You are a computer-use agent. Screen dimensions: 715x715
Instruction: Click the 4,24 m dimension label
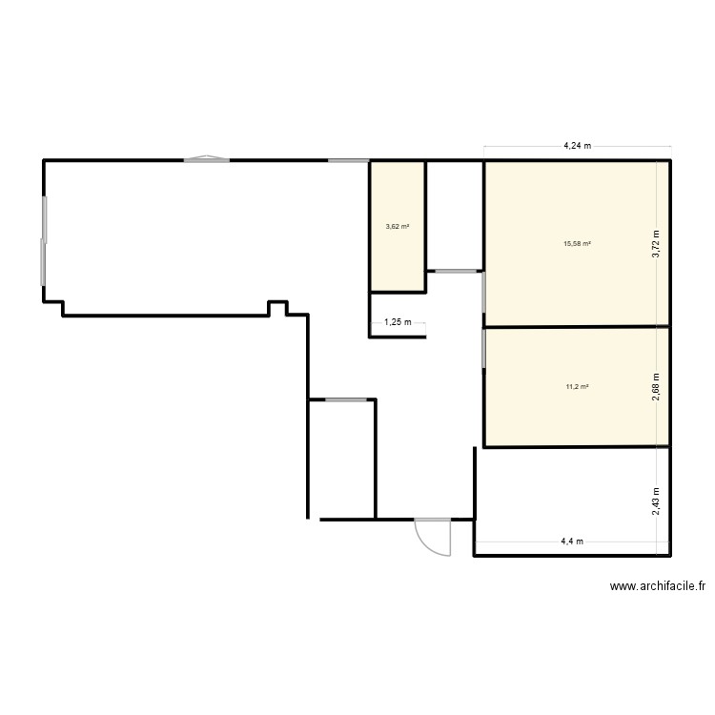[577, 146]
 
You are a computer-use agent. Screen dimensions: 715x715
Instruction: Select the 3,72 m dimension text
[656, 244]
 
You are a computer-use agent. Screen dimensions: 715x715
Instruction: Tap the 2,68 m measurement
[656, 386]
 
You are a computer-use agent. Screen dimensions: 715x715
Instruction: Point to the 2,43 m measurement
[656, 501]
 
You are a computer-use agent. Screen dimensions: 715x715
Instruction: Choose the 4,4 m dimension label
[572, 541]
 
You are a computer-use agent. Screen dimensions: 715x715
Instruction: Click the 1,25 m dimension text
[398, 322]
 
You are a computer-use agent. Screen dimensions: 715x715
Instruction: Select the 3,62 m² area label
[398, 227]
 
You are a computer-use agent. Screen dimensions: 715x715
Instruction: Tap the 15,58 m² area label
[577, 244]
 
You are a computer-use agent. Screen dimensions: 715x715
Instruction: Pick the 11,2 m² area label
[577, 386]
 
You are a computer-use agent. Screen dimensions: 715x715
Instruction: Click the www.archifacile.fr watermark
[657, 587]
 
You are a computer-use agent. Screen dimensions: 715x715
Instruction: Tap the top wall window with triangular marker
[206, 159]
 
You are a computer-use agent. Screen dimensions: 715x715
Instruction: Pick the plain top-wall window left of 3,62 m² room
[349, 160]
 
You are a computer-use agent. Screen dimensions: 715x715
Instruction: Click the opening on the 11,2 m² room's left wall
[483, 348]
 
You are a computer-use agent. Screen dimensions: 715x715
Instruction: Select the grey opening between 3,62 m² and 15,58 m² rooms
[454, 271]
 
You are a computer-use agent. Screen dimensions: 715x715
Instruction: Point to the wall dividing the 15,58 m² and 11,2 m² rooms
[577, 327]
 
